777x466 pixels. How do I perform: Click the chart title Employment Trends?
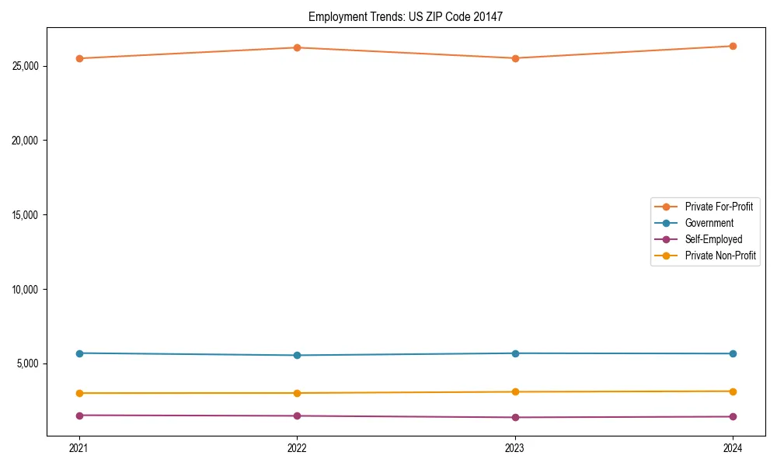(406, 16)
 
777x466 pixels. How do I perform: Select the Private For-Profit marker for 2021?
(79, 58)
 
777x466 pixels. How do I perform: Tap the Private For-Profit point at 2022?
(297, 47)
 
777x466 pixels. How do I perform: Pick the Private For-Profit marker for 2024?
(733, 46)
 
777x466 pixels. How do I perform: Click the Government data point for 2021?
(79, 353)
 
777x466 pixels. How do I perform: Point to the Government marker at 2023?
(515, 353)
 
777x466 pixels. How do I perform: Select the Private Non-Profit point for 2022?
(297, 393)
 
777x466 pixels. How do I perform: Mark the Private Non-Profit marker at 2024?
(733, 391)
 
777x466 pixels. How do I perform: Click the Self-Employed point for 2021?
(79, 416)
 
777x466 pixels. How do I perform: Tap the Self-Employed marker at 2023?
(515, 417)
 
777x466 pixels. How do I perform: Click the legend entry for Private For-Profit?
(719, 207)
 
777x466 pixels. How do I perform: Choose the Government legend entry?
(709, 223)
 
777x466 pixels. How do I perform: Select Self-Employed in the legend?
(713, 239)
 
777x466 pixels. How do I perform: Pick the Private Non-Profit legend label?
(720, 256)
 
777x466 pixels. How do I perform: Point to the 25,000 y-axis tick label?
(26, 66)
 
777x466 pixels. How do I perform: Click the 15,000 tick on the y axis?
(26, 215)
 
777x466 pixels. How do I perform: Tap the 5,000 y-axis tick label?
(29, 364)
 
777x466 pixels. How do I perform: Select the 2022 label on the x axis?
(297, 447)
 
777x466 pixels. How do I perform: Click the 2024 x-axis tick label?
(733, 447)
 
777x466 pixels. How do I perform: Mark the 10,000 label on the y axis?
(26, 290)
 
